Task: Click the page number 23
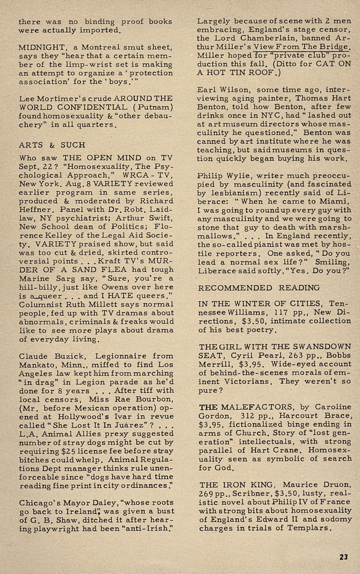click(343, 556)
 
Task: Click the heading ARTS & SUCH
click(52, 145)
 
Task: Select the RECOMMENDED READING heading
click(259, 288)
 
